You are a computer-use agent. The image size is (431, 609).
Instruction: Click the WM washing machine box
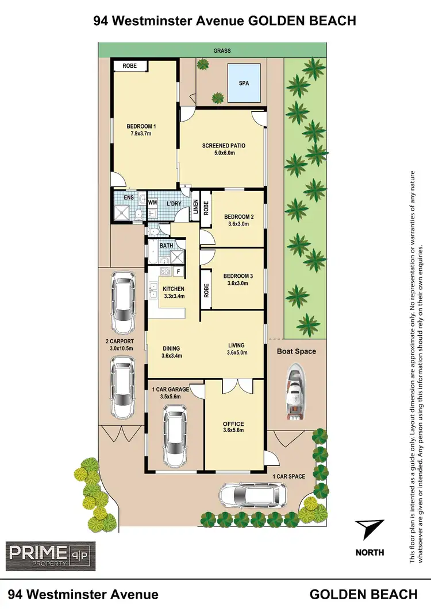(152, 203)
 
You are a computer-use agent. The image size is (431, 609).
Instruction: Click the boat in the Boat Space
(296, 394)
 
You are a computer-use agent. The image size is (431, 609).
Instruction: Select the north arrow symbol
(369, 528)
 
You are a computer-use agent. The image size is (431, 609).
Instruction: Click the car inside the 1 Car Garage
(175, 436)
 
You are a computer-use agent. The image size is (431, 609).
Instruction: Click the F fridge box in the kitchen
(178, 271)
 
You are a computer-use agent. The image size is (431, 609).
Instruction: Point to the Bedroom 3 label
(238, 276)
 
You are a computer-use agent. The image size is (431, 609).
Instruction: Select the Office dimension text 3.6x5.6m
(234, 432)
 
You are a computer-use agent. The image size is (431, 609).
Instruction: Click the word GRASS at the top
(222, 51)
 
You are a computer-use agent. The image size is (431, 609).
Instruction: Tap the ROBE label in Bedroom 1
(130, 66)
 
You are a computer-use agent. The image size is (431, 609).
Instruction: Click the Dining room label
(171, 348)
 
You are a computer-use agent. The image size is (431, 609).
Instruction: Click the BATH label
(166, 246)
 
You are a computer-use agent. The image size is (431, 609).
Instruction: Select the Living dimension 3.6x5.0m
(236, 353)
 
